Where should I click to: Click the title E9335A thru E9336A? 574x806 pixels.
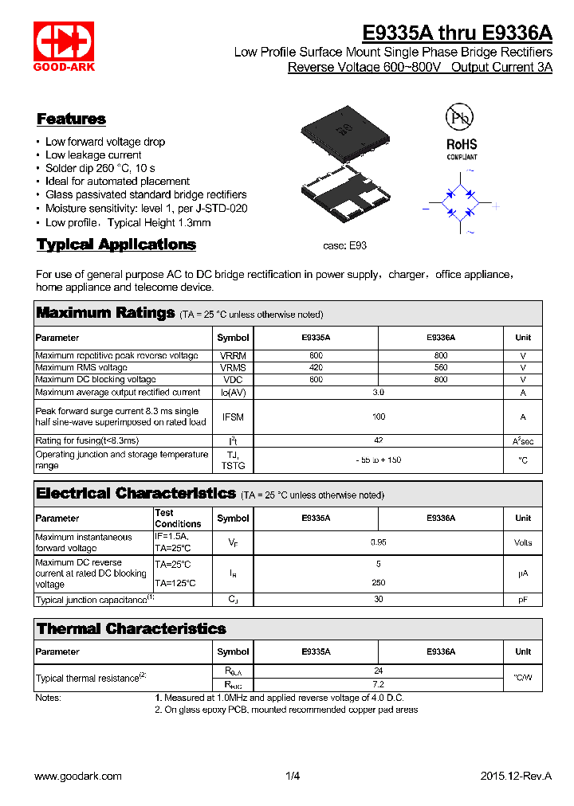point(457,33)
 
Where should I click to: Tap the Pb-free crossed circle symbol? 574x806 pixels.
point(459,119)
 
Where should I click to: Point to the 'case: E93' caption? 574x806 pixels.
point(344,247)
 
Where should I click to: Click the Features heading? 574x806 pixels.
point(71,119)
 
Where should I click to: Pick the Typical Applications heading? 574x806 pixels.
point(116,245)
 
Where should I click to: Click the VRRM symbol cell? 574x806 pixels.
point(233,355)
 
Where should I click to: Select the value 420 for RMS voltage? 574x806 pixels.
point(316,368)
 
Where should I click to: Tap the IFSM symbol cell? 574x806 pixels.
point(233,417)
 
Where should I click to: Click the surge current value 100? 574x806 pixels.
point(378,417)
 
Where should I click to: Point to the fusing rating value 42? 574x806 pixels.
point(378,440)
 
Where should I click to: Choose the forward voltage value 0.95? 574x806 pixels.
point(378,542)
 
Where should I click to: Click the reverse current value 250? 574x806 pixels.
point(378,582)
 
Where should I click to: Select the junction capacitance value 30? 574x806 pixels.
point(378,600)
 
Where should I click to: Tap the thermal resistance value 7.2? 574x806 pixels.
point(378,684)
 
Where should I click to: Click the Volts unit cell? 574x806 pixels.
point(523,542)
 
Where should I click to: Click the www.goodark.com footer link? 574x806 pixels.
point(78,776)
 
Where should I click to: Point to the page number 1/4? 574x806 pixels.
point(292,776)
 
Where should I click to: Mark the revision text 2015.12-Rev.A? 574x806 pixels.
point(516,776)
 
